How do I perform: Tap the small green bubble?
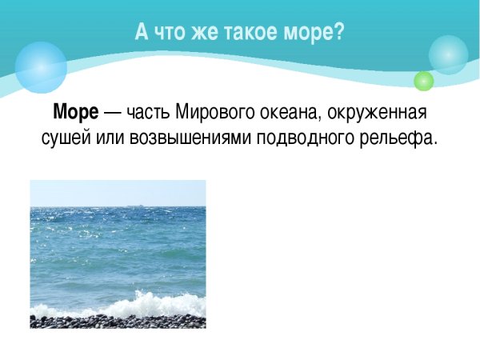click(x=423, y=81)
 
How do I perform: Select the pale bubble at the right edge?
click(x=448, y=54)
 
